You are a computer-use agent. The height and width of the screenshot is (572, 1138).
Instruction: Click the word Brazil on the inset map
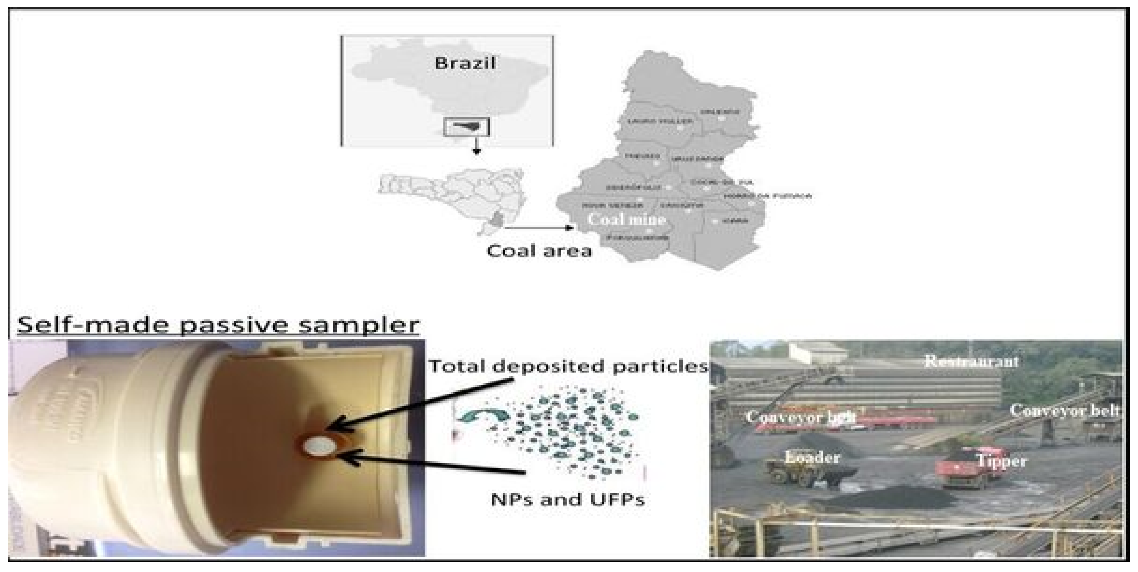tap(465, 63)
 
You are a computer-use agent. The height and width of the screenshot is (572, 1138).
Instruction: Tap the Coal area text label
tap(539, 251)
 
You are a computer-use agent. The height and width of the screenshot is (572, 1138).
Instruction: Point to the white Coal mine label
tap(627, 220)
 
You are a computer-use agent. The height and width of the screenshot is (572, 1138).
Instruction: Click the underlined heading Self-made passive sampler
tap(218, 325)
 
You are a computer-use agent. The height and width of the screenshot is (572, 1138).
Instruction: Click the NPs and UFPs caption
tap(568, 500)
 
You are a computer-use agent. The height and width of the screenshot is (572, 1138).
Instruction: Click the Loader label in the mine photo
tap(812, 457)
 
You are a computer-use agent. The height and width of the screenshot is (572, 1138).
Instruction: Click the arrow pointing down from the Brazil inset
tap(476, 146)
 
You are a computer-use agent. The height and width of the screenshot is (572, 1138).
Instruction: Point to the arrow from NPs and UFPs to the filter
tap(433, 464)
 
